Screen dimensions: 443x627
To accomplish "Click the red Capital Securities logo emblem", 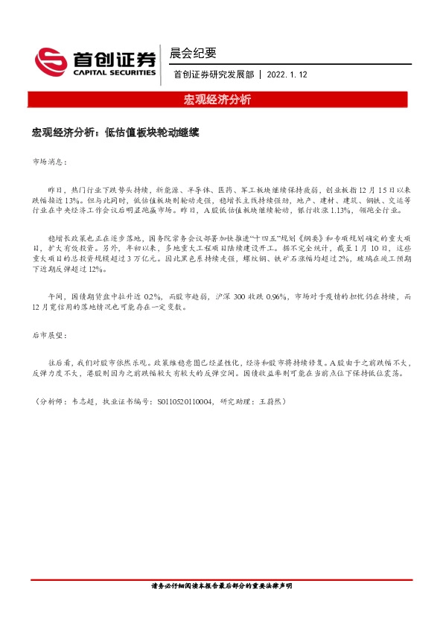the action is click(x=51, y=60).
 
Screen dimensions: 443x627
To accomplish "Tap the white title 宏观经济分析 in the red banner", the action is click(x=217, y=100).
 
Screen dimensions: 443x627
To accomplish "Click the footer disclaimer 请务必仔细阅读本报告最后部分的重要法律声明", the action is click(x=221, y=587).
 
